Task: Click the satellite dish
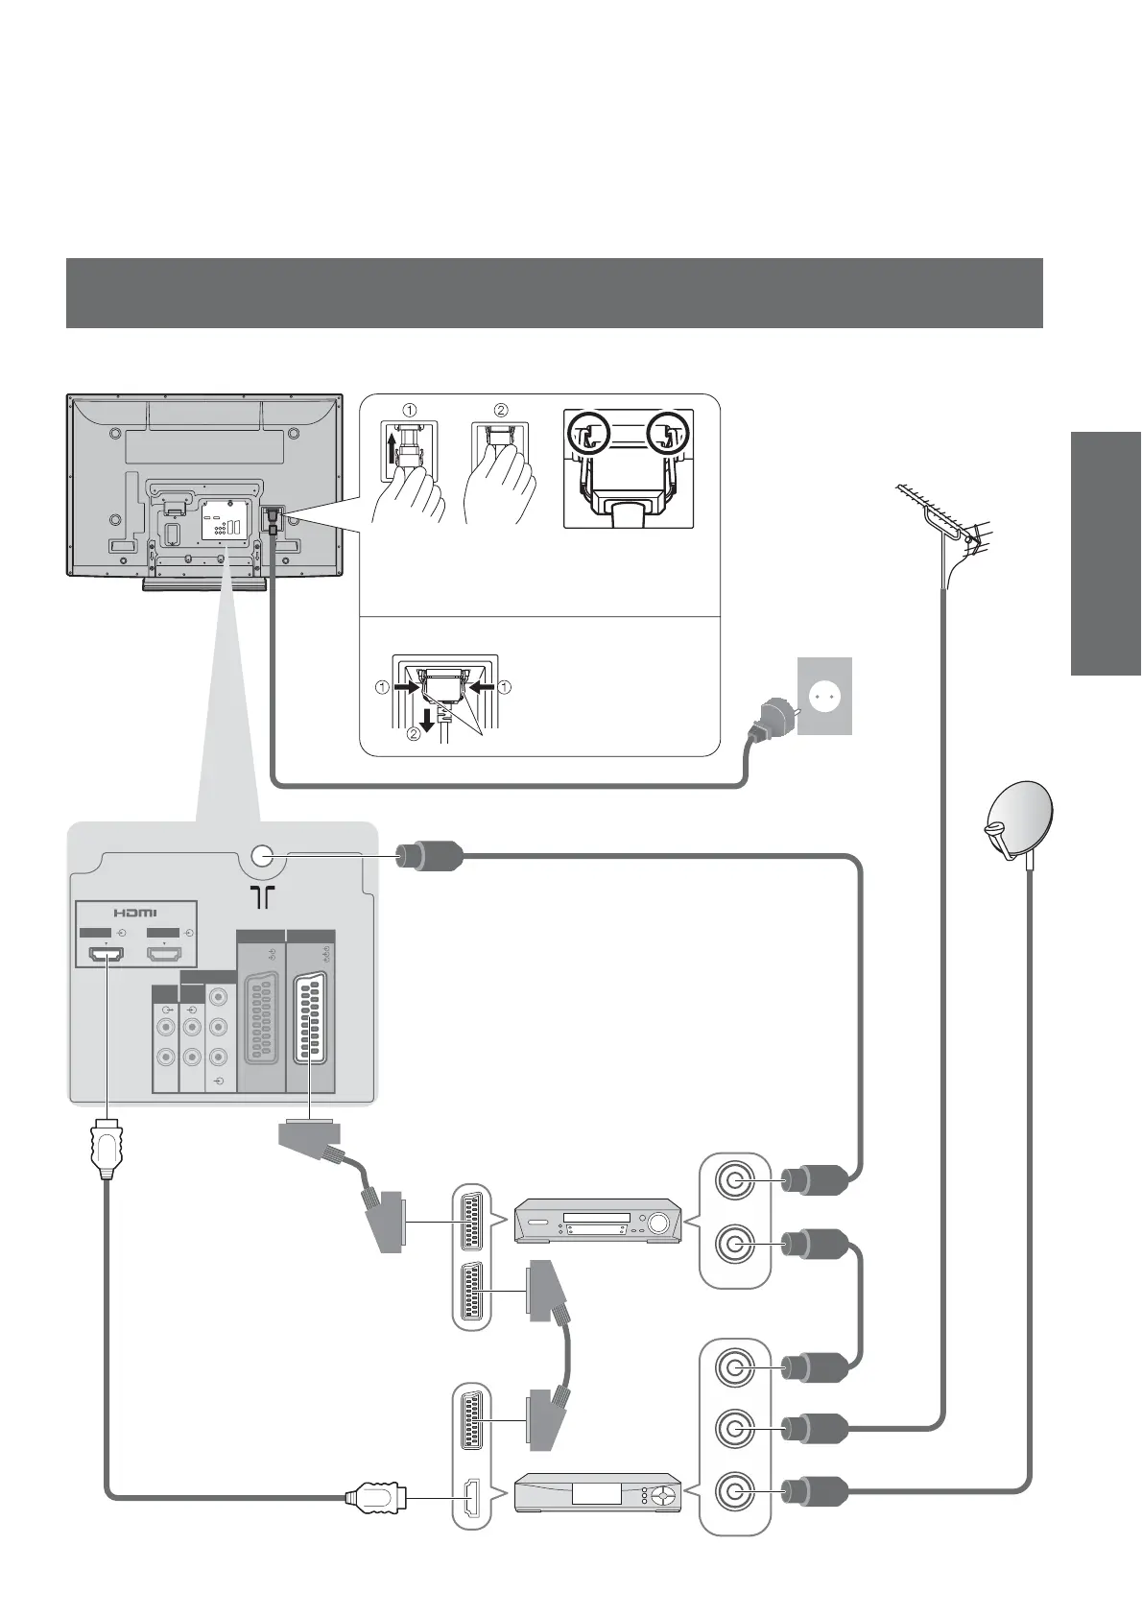tap(1020, 820)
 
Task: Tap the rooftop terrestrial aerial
tap(945, 523)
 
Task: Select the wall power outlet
tap(824, 696)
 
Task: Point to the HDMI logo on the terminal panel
tap(135, 912)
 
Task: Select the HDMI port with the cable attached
tap(107, 954)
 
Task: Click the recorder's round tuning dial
tap(658, 1223)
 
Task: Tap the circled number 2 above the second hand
tap(500, 410)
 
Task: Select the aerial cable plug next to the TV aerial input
tap(430, 856)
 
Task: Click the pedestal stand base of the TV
tap(203, 583)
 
